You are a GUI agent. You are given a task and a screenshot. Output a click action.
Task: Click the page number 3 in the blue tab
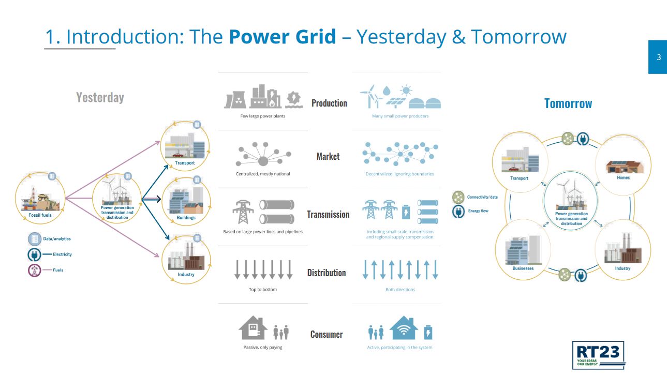(659, 57)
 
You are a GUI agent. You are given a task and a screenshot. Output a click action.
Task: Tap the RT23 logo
(598, 355)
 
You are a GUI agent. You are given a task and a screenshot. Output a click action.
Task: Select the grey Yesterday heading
(100, 98)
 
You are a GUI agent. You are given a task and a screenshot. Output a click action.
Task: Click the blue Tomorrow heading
(568, 103)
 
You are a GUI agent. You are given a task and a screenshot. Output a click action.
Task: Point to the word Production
(329, 103)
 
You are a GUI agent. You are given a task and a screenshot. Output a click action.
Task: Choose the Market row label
(328, 156)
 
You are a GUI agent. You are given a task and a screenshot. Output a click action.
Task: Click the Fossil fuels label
(40, 215)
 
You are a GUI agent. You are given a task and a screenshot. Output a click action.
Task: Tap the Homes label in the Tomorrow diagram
(623, 177)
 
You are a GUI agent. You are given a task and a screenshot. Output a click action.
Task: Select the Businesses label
(523, 268)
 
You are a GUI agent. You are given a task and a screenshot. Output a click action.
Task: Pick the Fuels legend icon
(34, 270)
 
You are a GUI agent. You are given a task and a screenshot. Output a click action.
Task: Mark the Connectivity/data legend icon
(458, 197)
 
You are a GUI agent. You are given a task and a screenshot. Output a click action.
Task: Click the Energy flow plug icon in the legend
(458, 212)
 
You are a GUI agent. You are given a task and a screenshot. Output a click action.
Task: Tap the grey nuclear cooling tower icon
(235, 100)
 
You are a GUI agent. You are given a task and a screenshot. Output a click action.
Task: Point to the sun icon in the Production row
(406, 90)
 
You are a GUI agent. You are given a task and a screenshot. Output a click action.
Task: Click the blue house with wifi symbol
(404, 328)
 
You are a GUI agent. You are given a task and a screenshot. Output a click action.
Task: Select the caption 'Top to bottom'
(263, 289)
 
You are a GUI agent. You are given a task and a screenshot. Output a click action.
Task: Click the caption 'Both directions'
(400, 289)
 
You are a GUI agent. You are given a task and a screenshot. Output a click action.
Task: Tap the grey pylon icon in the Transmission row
(243, 212)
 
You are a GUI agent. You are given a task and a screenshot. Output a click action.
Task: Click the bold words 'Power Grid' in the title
(283, 37)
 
